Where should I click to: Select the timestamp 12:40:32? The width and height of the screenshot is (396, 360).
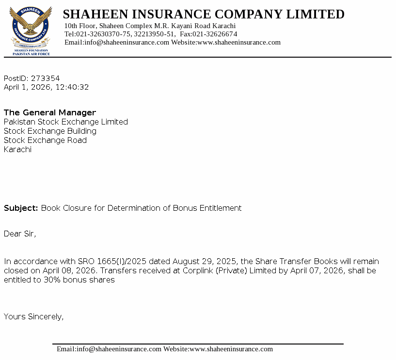[x=72, y=88]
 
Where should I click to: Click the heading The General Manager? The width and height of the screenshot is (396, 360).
[x=50, y=113]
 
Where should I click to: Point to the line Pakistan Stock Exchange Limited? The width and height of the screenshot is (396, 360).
[x=66, y=122]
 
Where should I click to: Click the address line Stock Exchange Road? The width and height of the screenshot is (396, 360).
[x=46, y=141]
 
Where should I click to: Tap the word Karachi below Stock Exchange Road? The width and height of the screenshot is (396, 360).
[x=17, y=150]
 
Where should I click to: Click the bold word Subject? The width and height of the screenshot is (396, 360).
[x=21, y=208]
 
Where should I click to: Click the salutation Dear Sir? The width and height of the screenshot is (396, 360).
[x=20, y=234]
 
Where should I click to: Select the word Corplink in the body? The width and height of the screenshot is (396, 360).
[x=198, y=271]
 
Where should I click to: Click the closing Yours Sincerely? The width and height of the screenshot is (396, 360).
[x=34, y=317]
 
